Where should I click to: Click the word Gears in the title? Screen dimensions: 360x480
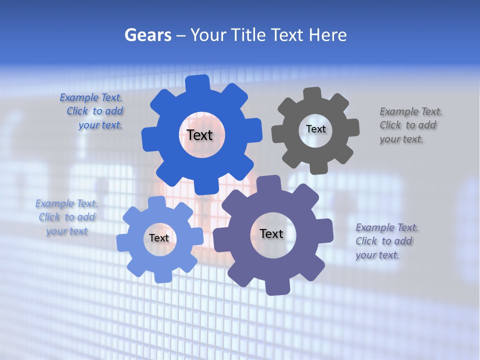[x=148, y=35]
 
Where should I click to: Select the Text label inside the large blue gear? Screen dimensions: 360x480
[x=199, y=135]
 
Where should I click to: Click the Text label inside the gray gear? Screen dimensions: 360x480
[x=315, y=129]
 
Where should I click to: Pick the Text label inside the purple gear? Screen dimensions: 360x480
[x=271, y=233]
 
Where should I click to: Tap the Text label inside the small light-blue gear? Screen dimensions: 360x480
[x=158, y=238]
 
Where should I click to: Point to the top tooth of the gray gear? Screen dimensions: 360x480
[x=312, y=94]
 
